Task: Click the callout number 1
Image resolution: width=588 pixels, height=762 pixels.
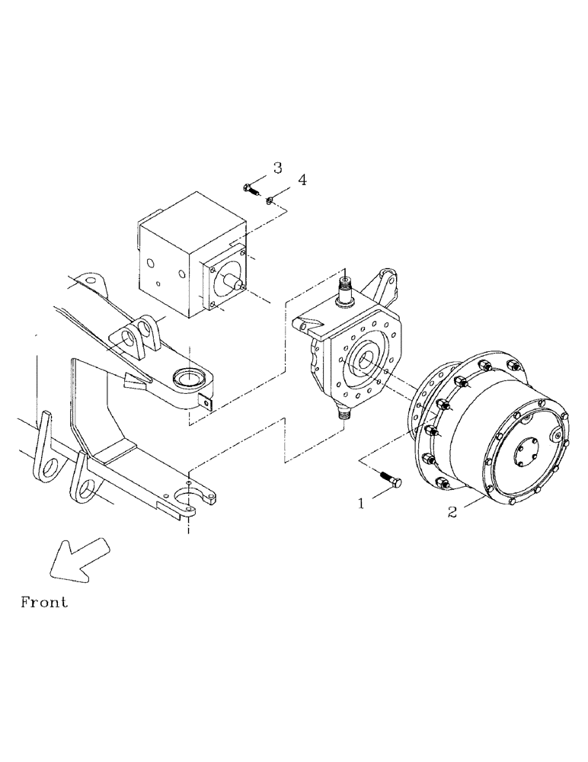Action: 363,504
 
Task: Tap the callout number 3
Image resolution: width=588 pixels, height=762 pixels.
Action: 277,168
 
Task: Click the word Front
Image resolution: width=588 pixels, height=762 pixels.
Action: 43,602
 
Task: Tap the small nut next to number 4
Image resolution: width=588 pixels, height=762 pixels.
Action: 270,200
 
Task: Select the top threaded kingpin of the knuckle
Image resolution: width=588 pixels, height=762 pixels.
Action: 344,288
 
